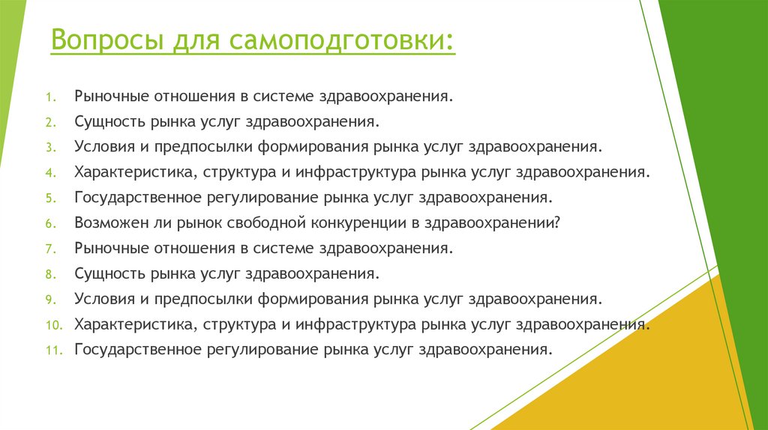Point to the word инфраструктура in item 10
click(x=356, y=324)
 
